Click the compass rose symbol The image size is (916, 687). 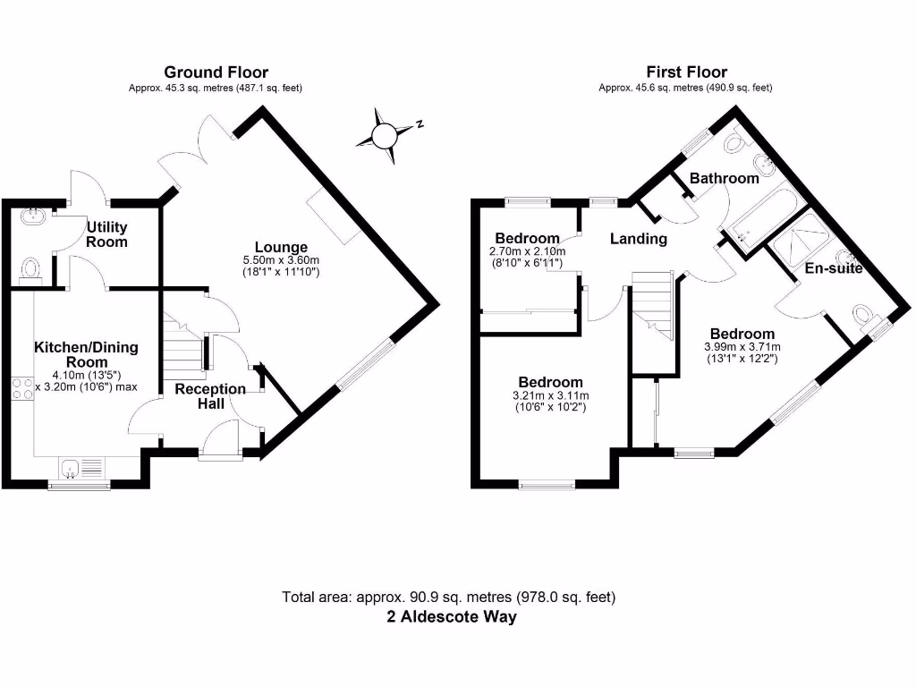coord(384,135)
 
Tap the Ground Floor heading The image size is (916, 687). coord(216,72)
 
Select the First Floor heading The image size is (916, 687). coord(686,72)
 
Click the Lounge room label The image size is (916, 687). coord(281,248)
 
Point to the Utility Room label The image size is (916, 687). coord(106,235)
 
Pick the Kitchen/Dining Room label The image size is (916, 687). coord(87,354)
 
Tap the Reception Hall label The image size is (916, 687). coord(209,396)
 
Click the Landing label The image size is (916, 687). coord(639,239)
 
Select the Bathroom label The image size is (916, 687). coord(724,178)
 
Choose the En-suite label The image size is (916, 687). coord(834,267)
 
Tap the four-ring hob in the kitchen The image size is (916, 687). coord(22,388)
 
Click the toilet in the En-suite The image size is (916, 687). coord(863,316)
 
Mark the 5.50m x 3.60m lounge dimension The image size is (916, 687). coord(281,260)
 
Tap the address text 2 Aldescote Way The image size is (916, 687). coord(451,617)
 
